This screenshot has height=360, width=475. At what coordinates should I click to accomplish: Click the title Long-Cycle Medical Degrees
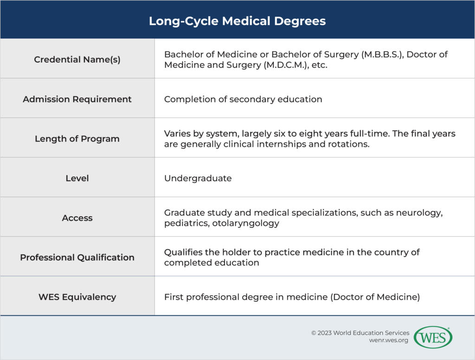tap(237, 21)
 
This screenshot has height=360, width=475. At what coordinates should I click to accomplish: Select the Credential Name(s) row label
tap(77, 59)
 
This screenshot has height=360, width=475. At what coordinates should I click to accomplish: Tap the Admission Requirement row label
tap(77, 99)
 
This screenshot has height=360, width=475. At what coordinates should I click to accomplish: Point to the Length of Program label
tap(77, 139)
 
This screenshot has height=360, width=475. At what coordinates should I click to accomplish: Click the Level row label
tap(77, 178)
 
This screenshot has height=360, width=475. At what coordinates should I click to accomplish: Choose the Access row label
tap(77, 218)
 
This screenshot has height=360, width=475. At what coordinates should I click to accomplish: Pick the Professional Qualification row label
tap(77, 257)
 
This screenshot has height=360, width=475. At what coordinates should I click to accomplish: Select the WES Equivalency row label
tap(77, 297)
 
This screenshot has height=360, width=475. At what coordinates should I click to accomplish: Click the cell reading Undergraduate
tap(198, 179)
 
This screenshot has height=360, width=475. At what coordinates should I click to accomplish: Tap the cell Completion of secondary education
tap(243, 99)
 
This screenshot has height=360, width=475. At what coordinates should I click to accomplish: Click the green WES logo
tap(433, 338)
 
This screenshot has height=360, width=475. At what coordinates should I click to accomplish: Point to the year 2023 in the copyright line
tap(327, 333)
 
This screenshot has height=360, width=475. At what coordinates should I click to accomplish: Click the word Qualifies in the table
tap(182, 252)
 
